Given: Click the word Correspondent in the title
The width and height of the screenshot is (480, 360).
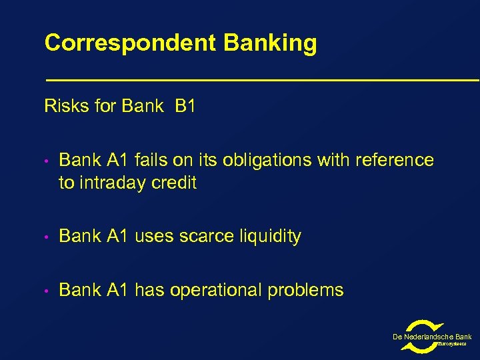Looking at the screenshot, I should coord(131,43).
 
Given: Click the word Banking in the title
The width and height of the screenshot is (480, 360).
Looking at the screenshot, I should coord(270,43).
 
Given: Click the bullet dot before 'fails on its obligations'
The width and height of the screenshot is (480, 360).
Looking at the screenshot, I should coord(48,161).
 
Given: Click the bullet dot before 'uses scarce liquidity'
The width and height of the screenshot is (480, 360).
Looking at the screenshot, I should coord(48,237).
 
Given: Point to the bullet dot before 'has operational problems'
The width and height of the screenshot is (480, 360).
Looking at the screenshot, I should coord(48,291).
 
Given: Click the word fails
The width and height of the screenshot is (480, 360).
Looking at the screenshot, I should coord(151,161).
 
